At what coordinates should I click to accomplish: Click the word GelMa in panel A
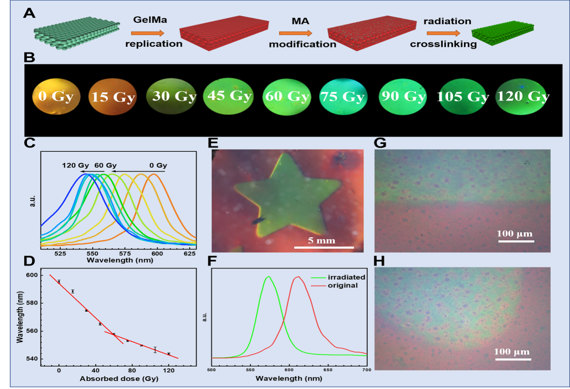147,20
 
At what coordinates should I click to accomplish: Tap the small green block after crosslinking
502,31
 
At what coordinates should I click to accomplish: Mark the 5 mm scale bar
324,247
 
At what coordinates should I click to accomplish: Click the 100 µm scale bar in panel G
515,241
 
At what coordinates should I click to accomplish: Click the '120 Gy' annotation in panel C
75,165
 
